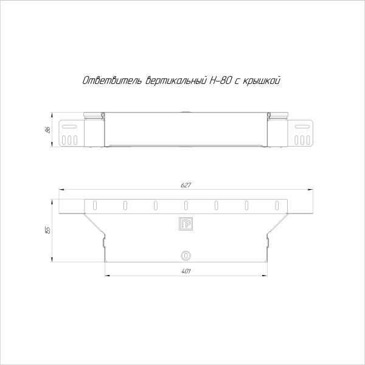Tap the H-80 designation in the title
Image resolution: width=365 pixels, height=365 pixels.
click(217, 81)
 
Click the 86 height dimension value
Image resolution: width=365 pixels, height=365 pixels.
click(47, 130)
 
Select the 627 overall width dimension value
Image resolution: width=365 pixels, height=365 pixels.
click(186, 185)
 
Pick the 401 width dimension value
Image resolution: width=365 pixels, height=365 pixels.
click(186, 271)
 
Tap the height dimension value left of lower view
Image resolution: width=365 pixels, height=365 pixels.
click(47, 229)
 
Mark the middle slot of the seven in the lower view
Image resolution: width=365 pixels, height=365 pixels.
click(186, 205)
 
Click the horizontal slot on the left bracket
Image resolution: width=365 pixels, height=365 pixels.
click(69, 127)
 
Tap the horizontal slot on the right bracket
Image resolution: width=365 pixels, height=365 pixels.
click(302, 127)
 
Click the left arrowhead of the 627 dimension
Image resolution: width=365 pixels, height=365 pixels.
click(59, 190)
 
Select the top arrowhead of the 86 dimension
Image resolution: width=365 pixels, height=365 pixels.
click(53, 114)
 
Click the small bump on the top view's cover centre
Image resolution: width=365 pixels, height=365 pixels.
click(186, 111)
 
